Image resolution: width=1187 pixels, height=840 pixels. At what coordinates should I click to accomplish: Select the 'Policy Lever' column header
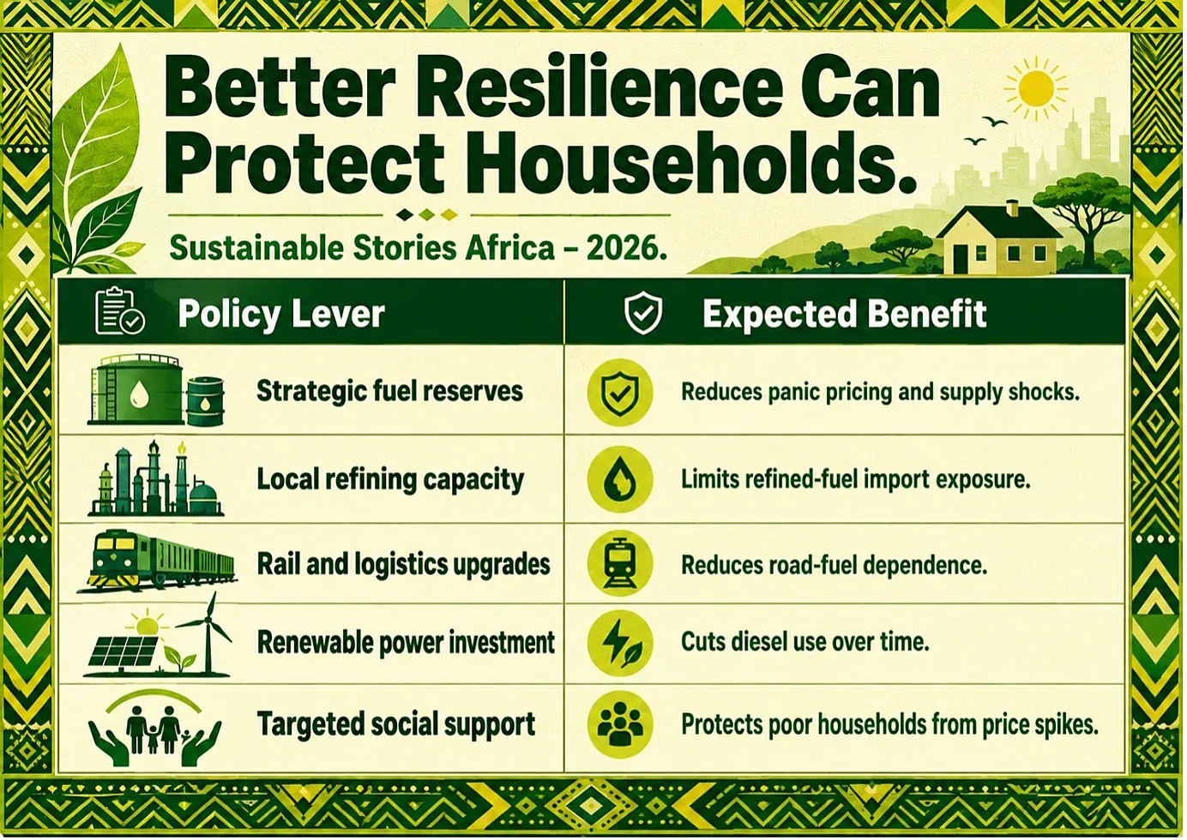pyautogui.click(x=281, y=314)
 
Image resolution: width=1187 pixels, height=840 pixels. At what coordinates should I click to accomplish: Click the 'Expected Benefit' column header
pyautogui.click(x=845, y=314)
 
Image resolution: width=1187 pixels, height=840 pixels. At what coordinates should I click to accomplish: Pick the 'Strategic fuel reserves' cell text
pyautogui.click(x=389, y=392)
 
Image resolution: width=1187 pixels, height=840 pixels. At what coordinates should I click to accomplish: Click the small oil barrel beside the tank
pyautogui.click(x=206, y=401)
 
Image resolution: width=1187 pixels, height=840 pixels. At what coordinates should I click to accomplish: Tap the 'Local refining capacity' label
pyautogui.click(x=390, y=480)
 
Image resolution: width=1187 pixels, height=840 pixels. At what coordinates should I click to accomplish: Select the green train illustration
pyautogui.click(x=157, y=562)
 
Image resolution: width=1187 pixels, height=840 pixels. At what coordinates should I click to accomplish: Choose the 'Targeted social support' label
pyautogui.click(x=396, y=724)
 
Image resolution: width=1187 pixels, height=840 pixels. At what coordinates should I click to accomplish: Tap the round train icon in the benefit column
pyautogui.click(x=620, y=563)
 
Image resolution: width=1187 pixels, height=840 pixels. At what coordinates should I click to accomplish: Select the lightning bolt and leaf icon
pyautogui.click(x=620, y=644)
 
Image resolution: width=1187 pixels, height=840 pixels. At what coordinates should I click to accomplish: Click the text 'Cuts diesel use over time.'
pyautogui.click(x=805, y=642)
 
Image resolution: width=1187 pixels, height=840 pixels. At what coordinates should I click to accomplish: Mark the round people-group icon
pyautogui.click(x=620, y=724)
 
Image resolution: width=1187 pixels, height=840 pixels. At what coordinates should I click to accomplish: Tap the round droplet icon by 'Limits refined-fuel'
pyautogui.click(x=620, y=479)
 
